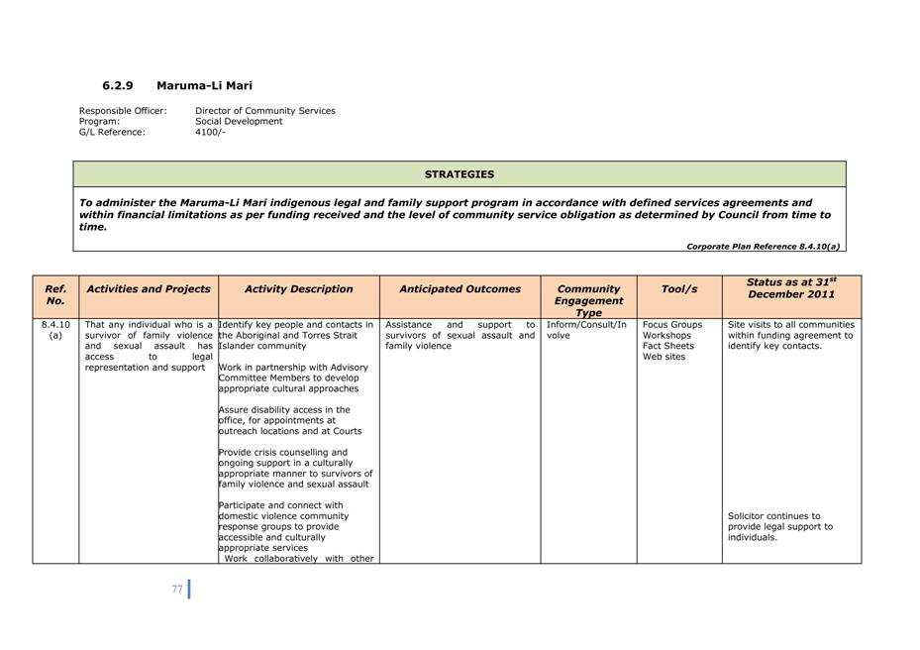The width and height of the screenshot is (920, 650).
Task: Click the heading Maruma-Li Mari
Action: [x=204, y=86]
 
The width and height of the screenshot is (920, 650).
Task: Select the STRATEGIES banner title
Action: [x=460, y=174]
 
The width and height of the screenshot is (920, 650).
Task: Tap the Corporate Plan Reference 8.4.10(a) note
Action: [x=763, y=246]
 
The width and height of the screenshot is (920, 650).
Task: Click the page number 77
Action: [x=177, y=589]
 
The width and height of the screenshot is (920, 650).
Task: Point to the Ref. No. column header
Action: [x=55, y=294]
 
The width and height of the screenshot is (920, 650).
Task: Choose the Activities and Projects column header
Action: [x=149, y=289]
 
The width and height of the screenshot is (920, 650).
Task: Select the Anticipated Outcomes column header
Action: [x=460, y=289]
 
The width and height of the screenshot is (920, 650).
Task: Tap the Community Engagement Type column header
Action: [x=588, y=300]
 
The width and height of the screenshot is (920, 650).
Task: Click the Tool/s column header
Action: [x=679, y=289]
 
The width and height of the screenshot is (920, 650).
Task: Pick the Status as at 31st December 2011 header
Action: [x=791, y=288]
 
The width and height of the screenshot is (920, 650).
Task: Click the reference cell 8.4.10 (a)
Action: [x=55, y=330]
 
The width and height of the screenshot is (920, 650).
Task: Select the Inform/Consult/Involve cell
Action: [x=586, y=330]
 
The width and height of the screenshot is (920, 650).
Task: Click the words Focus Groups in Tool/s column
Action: [x=671, y=325]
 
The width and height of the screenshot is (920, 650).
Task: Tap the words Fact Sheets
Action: [x=667, y=346]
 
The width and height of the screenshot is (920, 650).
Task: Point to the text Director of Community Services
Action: [x=264, y=111]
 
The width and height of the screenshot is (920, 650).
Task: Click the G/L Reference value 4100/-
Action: [x=210, y=132]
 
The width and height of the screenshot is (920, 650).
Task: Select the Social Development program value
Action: [x=239, y=121]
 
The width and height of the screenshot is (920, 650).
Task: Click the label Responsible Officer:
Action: [x=123, y=111]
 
